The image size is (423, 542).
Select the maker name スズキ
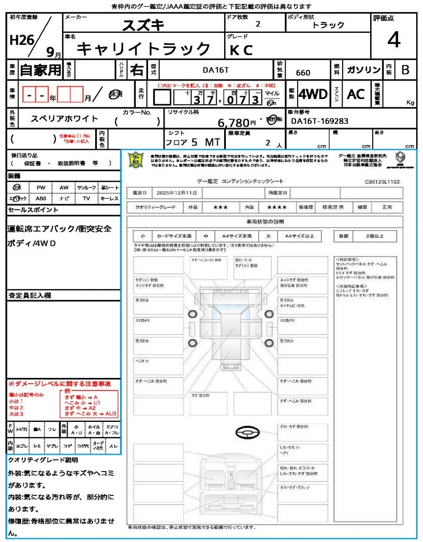pyautogui.click(x=143, y=25)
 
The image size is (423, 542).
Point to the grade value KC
pyautogui.click(x=241, y=50)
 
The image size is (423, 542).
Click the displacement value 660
pyautogui.click(x=303, y=73)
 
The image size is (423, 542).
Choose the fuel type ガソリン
pyautogui.click(x=364, y=70)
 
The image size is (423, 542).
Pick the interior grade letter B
pyautogui.click(x=405, y=70)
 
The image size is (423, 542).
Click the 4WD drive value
pyautogui.click(x=313, y=94)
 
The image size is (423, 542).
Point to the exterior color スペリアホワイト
pyautogui.click(x=65, y=119)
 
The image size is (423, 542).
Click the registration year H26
pyautogui.click(x=21, y=41)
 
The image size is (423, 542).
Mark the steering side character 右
pyautogui.click(x=137, y=70)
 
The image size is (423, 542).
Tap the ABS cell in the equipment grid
pyautogui.click(x=41, y=198)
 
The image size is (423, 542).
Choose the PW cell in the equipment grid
pyautogui.click(x=41, y=187)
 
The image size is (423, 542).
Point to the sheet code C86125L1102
pyautogui.click(x=382, y=182)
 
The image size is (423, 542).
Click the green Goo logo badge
pyautogui.click(x=137, y=160)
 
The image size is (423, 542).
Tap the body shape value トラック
pyautogui.click(x=328, y=25)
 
